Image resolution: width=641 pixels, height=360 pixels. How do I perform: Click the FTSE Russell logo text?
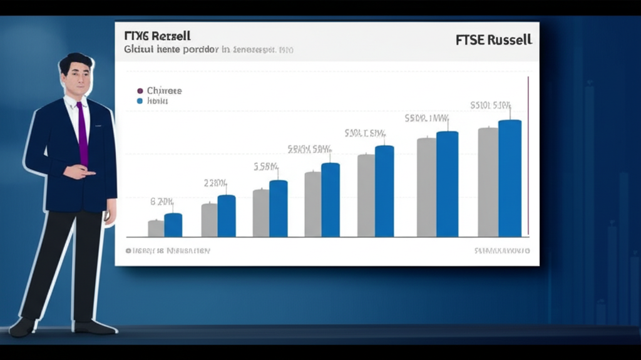click(x=494, y=40)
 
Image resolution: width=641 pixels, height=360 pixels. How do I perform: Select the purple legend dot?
click(x=140, y=91)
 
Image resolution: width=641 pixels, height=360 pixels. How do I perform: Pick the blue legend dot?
click(x=140, y=101)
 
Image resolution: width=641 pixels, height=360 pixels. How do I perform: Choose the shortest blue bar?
click(x=173, y=225)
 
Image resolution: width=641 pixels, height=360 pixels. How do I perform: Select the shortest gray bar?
click(x=156, y=229)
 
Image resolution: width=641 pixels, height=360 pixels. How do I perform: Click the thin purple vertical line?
click(x=528, y=157)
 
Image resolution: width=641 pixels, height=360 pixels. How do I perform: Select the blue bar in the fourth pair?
click(x=331, y=200)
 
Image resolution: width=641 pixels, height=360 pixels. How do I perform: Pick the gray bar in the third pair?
click(x=261, y=213)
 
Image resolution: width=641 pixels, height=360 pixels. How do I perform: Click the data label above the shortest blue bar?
click(x=162, y=202)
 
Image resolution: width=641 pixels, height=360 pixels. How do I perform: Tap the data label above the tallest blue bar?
click(x=491, y=105)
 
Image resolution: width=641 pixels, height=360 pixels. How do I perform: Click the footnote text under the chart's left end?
click(x=168, y=250)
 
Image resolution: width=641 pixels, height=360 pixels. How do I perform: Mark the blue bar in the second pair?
click(x=227, y=216)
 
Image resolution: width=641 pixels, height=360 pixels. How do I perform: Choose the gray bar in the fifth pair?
click(x=366, y=195)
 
